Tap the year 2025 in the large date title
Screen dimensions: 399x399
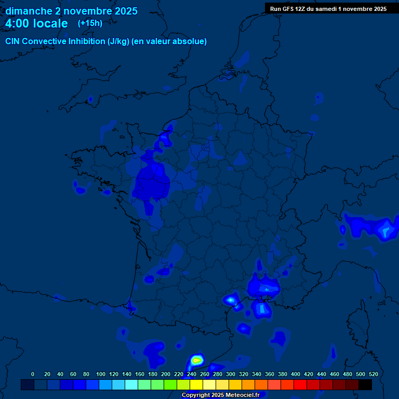pyautogui.click(x=123, y=11)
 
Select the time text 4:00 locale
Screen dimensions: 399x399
pyautogui.click(x=36, y=23)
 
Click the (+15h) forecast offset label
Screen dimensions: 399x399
pyautogui.click(x=90, y=23)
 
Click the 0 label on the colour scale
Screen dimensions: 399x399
pyautogui.click(x=33, y=374)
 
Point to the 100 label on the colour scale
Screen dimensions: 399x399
pyautogui.click(x=101, y=374)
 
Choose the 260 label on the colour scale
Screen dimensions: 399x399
pyautogui.click(x=205, y=374)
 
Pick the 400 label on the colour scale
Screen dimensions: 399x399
pyautogui.click(x=296, y=374)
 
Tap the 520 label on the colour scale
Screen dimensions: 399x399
pyautogui.click(x=374, y=374)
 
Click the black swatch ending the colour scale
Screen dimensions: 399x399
pyautogui.click(x=365, y=384)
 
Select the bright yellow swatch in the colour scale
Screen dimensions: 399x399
pyautogui.click(x=196, y=384)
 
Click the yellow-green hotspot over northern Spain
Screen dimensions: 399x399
pyautogui.click(x=196, y=360)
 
